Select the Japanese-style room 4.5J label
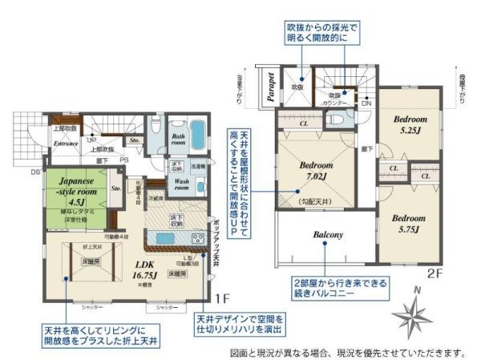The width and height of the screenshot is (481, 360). (x=71, y=192)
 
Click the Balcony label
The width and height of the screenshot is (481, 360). (x=328, y=235)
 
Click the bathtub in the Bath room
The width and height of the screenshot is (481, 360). (x=197, y=133)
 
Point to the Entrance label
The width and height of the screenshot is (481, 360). (x=66, y=144)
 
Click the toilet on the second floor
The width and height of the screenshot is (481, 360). (x=336, y=118)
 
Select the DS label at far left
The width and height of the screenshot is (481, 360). (x=35, y=172)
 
